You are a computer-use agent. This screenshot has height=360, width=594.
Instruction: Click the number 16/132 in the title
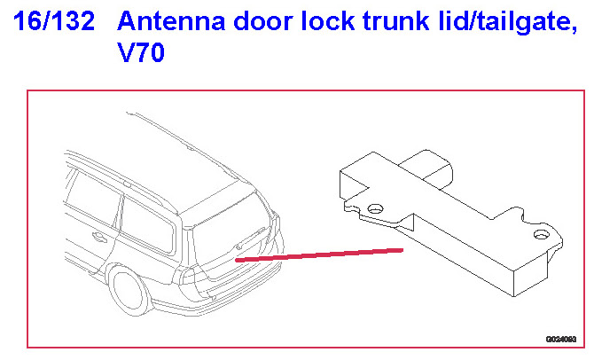pos(54,21)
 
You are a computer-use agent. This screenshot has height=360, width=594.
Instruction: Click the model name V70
pos(142,55)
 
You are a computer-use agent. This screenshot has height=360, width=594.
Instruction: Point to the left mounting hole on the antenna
pos(376,208)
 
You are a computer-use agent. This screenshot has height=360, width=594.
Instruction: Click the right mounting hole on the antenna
pos(538,235)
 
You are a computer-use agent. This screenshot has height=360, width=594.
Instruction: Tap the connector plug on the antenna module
pos(427,168)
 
